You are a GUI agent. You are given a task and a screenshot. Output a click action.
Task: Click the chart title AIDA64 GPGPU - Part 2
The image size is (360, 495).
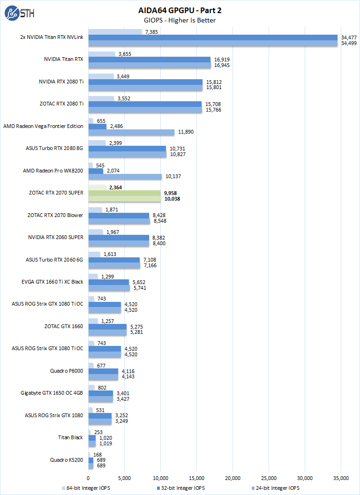pyautogui.click(x=180, y=10)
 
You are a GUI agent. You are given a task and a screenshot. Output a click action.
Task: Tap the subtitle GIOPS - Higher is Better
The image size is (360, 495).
pyautogui.click(x=180, y=20)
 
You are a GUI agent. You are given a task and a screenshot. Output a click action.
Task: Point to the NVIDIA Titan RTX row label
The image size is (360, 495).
pyautogui.click(x=64, y=60)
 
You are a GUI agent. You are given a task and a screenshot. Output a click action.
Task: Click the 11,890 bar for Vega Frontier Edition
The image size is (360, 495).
pyautogui.click(x=131, y=132)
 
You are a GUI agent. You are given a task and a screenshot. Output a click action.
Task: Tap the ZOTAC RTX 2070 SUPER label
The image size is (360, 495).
pyautogui.click(x=56, y=193)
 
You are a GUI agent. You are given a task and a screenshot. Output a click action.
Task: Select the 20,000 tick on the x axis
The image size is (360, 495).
pyautogui.click(x=232, y=478)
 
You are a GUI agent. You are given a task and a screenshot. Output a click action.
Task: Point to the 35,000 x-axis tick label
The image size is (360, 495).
pyautogui.click(x=341, y=478)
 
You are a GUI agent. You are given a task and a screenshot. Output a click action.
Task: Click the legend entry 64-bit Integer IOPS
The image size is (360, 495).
pyautogui.click(x=87, y=488)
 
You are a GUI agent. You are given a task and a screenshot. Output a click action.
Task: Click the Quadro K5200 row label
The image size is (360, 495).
pyautogui.click(x=67, y=460)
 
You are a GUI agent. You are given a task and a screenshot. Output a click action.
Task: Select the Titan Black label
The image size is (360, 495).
pyautogui.click(x=70, y=437)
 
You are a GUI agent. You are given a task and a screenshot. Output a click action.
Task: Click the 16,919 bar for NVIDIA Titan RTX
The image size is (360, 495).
pyautogui.click(x=150, y=60)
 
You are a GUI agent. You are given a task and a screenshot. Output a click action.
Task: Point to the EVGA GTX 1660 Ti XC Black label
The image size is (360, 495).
pyautogui.click(x=52, y=282)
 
